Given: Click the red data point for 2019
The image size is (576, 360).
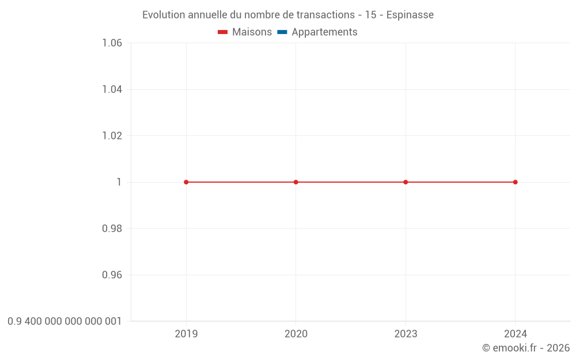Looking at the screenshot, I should (186, 182).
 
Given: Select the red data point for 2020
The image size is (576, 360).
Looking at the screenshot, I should (296, 182).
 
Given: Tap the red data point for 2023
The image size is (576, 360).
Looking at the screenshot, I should (406, 182).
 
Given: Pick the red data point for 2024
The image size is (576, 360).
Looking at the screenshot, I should (516, 182).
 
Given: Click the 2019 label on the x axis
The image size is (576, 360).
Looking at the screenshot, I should (186, 334).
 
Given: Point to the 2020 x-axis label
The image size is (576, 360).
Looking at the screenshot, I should (296, 334).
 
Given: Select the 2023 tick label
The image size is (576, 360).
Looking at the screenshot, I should (406, 334).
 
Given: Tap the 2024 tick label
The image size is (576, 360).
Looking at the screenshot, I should (516, 334).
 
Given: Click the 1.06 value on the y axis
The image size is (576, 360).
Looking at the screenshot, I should (112, 43).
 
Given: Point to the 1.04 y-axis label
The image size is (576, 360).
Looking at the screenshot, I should (112, 89).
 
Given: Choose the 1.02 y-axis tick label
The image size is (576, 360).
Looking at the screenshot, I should (112, 136).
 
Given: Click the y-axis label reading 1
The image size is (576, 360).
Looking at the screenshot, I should (119, 182).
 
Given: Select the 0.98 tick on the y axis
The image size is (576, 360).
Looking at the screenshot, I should (112, 229).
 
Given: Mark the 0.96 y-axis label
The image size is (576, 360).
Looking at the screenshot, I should (112, 275).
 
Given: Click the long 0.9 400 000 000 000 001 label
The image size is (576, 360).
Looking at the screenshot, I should (65, 321).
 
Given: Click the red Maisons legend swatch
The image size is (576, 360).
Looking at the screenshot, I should (223, 32).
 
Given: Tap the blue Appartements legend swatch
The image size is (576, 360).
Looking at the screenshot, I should (282, 32).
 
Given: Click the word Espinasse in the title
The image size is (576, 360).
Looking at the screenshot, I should (410, 15).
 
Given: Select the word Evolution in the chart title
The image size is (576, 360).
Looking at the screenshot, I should (164, 15).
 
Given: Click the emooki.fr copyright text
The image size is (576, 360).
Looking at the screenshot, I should (526, 348).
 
